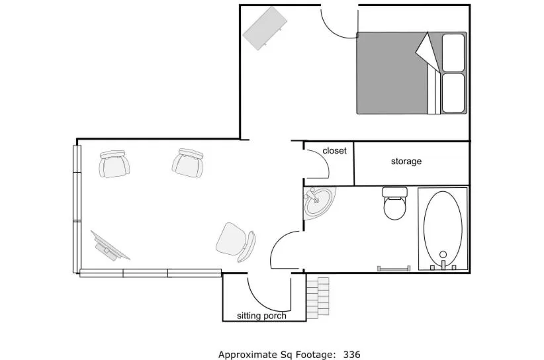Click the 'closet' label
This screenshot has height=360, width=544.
[334, 151]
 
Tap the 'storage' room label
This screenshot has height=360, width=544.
[406, 161]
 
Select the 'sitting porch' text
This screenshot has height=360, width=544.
[261, 316]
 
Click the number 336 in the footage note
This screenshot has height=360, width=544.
[351, 355]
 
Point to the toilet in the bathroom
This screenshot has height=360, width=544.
[395, 204]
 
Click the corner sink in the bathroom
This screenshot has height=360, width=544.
[320, 201]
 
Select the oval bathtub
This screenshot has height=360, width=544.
[443, 226]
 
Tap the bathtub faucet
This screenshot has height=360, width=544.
[443, 256]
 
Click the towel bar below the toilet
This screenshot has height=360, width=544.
[394, 268]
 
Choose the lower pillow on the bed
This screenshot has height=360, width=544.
[453, 93]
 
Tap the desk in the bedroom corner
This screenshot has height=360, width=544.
[265, 28]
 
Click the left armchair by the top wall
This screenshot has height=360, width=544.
[114, 163]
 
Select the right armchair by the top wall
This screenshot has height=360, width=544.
[189, 162]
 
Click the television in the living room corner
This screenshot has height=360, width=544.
[109, 245]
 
